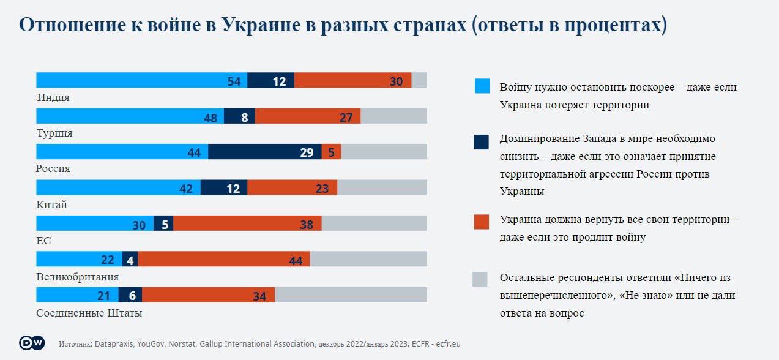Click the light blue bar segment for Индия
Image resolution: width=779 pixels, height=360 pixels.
(141, 80)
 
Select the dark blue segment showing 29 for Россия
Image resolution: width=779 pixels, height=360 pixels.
(264, 152)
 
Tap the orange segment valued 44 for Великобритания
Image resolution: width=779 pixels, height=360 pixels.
(224, 259)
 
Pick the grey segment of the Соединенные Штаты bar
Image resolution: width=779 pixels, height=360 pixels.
(351, 295)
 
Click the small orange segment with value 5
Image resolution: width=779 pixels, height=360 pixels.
(331, 152)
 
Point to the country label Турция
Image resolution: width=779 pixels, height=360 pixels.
(55, 133)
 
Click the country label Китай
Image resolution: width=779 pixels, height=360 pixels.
(52, 204)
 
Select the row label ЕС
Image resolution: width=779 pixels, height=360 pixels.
(43, 241)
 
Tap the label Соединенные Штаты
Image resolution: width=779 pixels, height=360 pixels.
(89, 313)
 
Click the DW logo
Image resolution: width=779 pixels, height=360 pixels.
(32, 343)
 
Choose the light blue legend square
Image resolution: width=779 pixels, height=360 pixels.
(482, 87)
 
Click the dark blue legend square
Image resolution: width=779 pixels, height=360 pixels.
(482, 142)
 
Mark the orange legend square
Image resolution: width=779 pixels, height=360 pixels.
(482, 222)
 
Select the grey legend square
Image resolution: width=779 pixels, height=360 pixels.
(480, 279)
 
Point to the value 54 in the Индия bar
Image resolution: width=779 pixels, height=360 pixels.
(234, 81)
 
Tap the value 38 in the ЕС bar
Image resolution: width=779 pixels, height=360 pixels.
(307, 225)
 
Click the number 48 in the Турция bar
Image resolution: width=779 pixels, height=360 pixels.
(211, 118)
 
